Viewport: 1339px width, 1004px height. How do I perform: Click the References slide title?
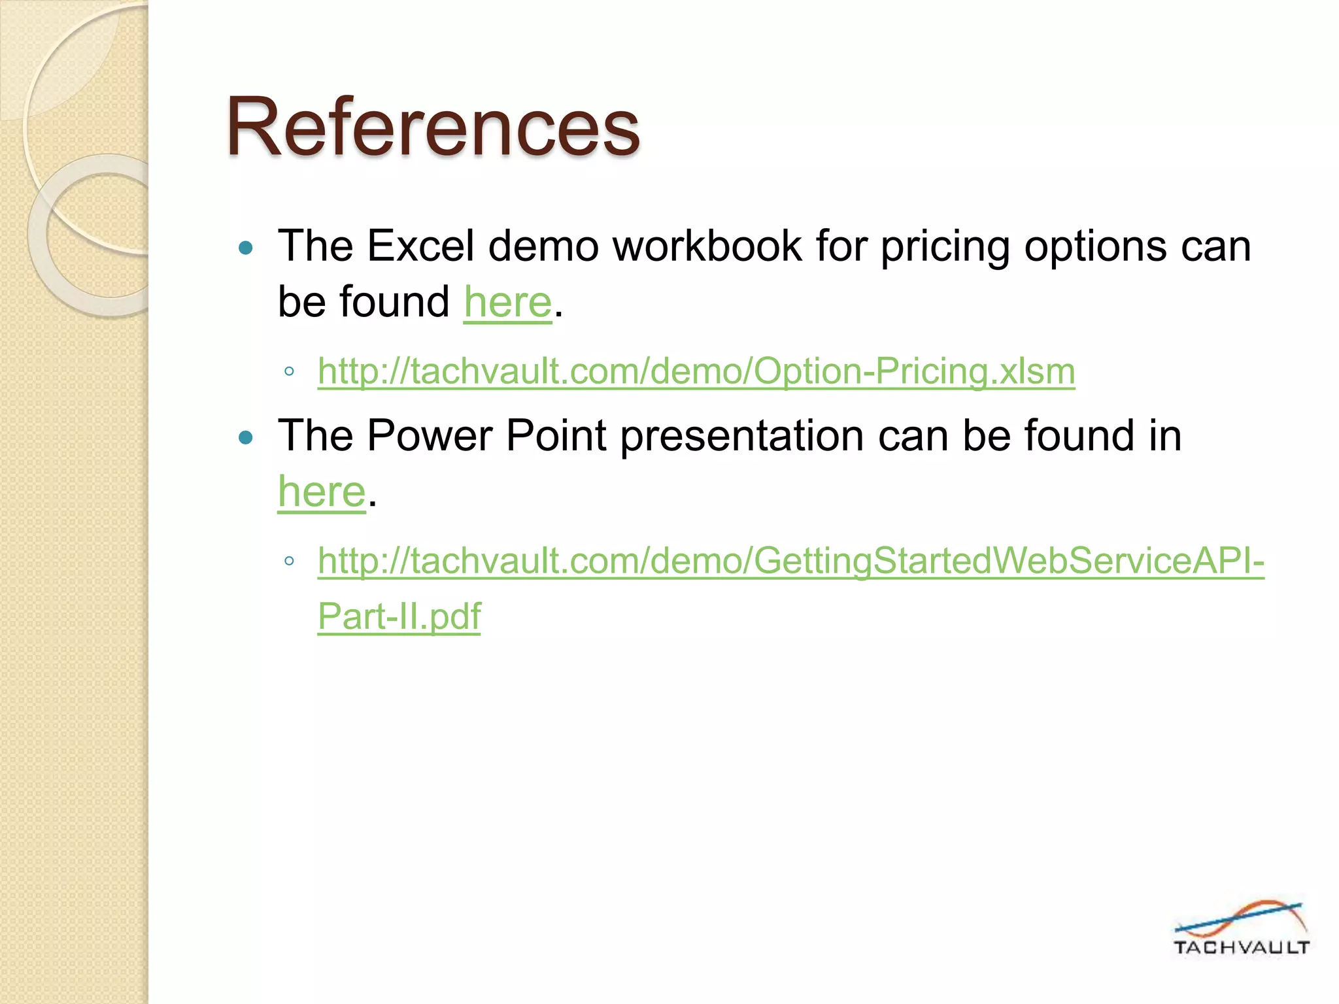tap(433, 127)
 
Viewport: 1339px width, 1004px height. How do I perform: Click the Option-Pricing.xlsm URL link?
tap(696, 371)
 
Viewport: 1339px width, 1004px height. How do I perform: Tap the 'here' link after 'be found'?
tap(508, 302)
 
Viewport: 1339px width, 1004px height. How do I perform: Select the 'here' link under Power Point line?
tap(322, 492)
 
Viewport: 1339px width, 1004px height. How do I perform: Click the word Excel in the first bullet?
tap(420, 246)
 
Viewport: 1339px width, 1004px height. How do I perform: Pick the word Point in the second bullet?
tap(556, 436)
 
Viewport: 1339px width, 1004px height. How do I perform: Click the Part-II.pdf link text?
tap(399, 616)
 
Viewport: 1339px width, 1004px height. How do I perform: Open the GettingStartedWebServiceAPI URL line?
tap(791, 561)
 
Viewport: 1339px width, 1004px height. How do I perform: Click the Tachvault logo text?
tap(1241, 948)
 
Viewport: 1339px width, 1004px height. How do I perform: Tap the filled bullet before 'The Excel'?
tap(246, 248)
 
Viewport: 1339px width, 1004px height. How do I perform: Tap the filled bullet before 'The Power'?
tap(246, 437)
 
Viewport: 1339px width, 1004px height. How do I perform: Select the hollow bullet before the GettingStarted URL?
tap(289, 561)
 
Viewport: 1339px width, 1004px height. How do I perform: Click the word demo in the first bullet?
tap(543, 246)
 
